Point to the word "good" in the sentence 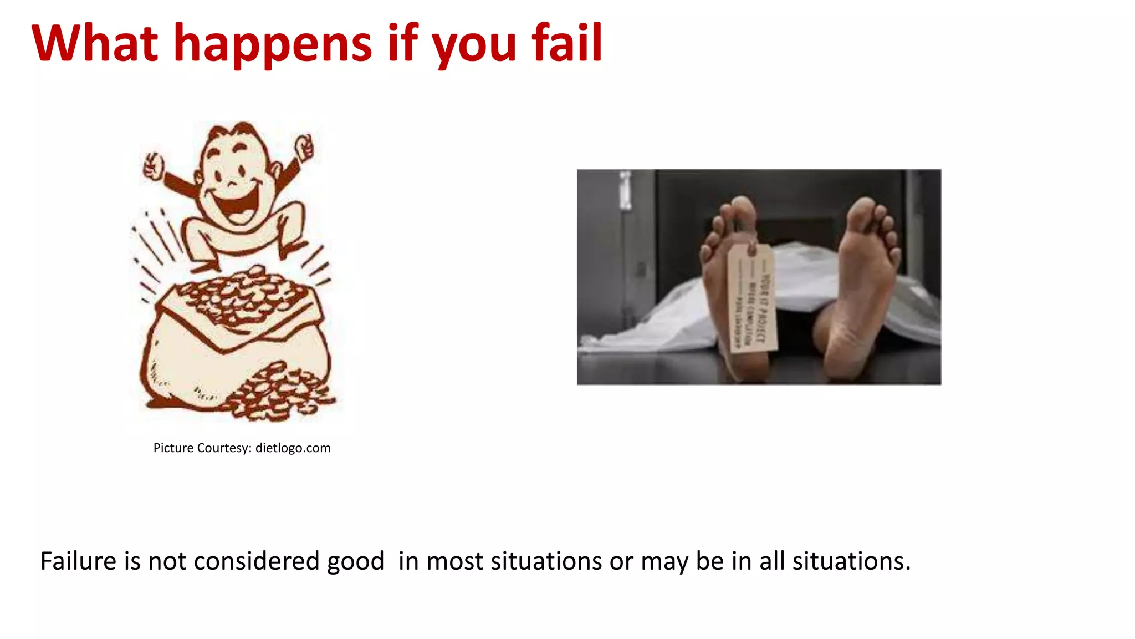(x=355, y=562)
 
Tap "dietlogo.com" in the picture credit (x=293, y=448)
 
